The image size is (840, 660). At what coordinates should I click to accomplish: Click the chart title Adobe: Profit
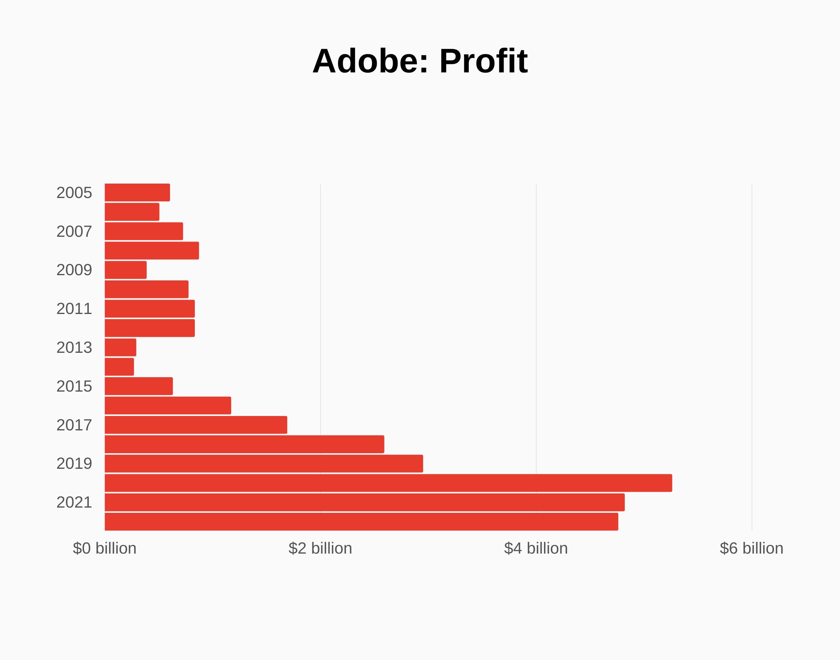tap(420, 61)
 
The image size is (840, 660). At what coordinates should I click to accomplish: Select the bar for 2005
tap(137, 192)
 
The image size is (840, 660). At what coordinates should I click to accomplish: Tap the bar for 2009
tap(126, 270)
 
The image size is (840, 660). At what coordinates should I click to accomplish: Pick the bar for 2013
tap(120, 347)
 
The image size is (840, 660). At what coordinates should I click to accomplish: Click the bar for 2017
tap(196, 425)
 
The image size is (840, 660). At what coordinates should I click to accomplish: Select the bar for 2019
tap(264, 464)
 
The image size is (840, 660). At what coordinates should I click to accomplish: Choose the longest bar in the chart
tap(388, 483)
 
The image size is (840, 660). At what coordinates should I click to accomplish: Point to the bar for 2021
tap(364, 502)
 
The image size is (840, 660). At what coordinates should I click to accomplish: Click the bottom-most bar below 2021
tap(361, 522)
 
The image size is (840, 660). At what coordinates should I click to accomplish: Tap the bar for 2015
tap(139, 386)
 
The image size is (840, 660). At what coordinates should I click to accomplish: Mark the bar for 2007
tap(144, 231)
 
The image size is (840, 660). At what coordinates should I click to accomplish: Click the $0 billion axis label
tap(104, 548)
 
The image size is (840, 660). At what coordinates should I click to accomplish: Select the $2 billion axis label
tap(320, 548)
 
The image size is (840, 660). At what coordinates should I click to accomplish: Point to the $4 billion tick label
tap(536, 548)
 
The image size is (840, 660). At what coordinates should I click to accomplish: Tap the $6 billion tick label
tap(751, 548)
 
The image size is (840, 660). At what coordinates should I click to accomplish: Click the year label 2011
tap(74, 309)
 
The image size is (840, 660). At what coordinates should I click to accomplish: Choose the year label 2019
tap(74, 464)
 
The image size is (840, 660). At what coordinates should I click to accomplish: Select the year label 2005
tap(74, 193)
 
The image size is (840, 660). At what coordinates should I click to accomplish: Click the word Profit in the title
tap(484, 61)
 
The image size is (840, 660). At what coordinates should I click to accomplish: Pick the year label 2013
tap(74, 348)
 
